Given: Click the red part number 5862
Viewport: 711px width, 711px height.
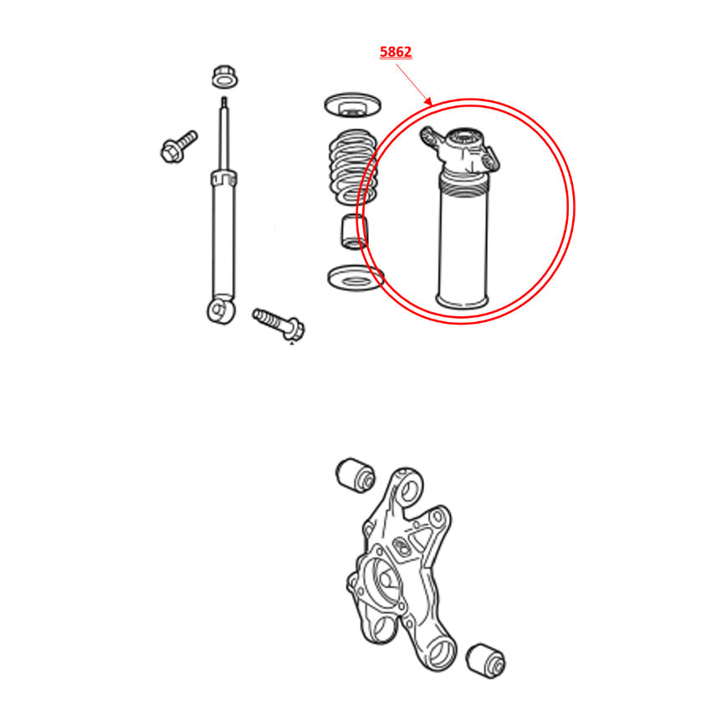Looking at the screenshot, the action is click(396, 52).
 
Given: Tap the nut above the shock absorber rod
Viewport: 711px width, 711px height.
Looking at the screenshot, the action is click(225, 77).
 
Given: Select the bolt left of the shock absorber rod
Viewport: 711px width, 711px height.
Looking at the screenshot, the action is click(179, 146).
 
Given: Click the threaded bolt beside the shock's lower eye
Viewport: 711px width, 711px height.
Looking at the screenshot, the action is click(279, 324).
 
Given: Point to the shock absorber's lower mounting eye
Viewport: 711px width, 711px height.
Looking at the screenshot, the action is click(222, 309).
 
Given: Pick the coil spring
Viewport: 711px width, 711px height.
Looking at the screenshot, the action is click(353, 166).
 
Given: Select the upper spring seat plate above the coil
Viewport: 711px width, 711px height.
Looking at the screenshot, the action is click(352, 105).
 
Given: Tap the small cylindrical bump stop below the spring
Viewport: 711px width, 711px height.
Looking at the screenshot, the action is click(354, 231).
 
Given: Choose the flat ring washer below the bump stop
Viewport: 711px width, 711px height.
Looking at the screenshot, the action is click(355, 278).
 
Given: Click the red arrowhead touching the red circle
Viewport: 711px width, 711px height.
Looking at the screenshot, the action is click(427, 100).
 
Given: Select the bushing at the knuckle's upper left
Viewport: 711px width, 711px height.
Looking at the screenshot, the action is click(355, 475).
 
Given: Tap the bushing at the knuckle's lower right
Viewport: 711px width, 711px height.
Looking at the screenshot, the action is click(486, 660).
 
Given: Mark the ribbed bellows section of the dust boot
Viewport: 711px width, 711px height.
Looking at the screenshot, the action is click(463, 186).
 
